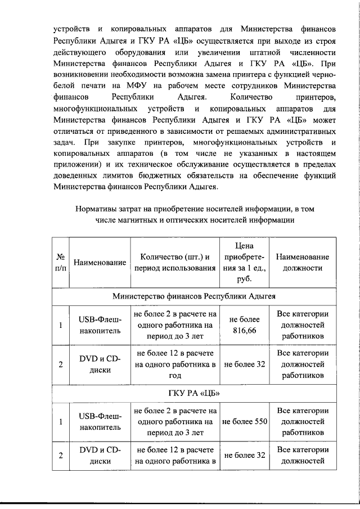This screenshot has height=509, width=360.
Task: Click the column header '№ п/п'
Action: tap(60, 262)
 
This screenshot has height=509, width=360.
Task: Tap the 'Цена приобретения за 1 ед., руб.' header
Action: tap(244, 262)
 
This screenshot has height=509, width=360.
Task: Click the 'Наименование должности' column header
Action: tap(303, 262)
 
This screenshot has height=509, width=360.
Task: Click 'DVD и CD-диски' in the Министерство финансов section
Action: tap(100, 364)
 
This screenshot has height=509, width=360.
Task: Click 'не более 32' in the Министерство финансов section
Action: tap(244, 364)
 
